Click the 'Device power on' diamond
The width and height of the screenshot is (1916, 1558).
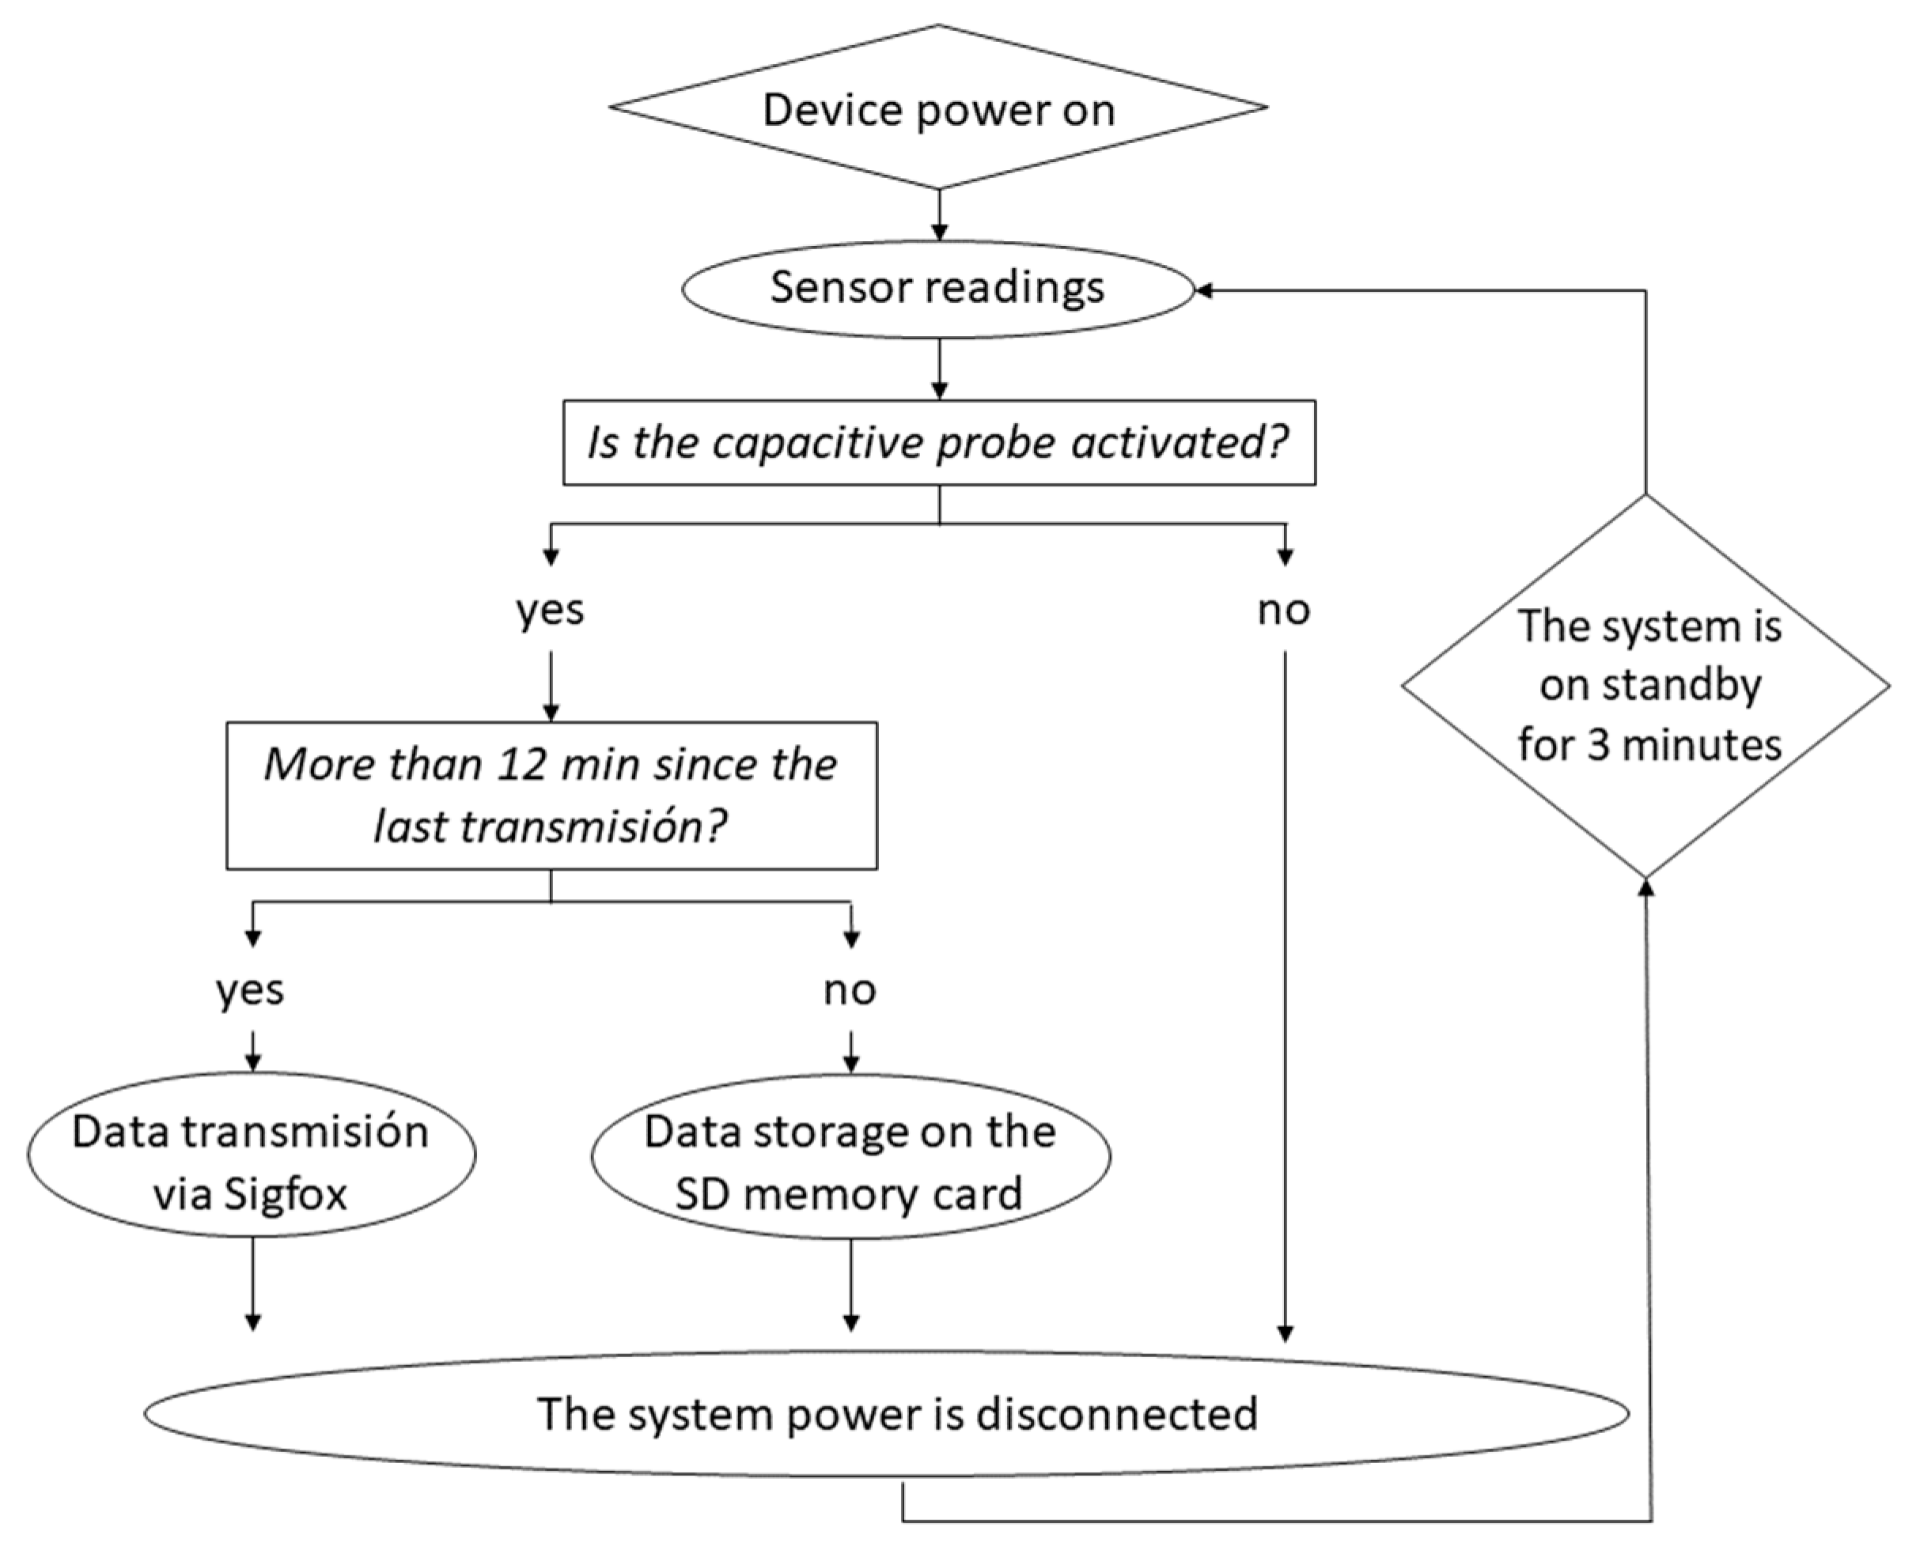[x=938, y=108]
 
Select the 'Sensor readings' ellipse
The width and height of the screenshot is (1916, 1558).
[x=938, y=289]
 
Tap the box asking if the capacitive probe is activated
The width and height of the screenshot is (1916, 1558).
[x=938, y=442]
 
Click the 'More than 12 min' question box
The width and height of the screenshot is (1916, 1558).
[x=551, y=795]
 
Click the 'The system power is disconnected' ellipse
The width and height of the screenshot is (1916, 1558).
[x=886, y=1413]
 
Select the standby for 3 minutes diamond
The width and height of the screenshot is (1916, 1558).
[x=1645, y=686]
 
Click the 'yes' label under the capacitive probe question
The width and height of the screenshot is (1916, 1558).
[x=551, y=611]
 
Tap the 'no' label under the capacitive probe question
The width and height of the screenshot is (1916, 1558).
[x=1284, y=611]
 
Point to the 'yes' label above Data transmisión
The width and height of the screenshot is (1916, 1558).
[x=251, y=991]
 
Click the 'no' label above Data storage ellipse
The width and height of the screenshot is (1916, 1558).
[x=850, y=991]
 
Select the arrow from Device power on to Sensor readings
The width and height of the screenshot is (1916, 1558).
[x=939, y=215]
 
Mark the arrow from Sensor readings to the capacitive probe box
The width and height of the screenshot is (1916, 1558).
[x=939, y=370]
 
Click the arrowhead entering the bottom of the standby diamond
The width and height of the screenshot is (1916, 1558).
[x=1645, y=887]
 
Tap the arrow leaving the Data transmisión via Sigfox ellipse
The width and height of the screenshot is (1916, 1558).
[x=253, y=1284]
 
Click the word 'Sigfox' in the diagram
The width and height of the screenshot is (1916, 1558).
[x=286, y=1193]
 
